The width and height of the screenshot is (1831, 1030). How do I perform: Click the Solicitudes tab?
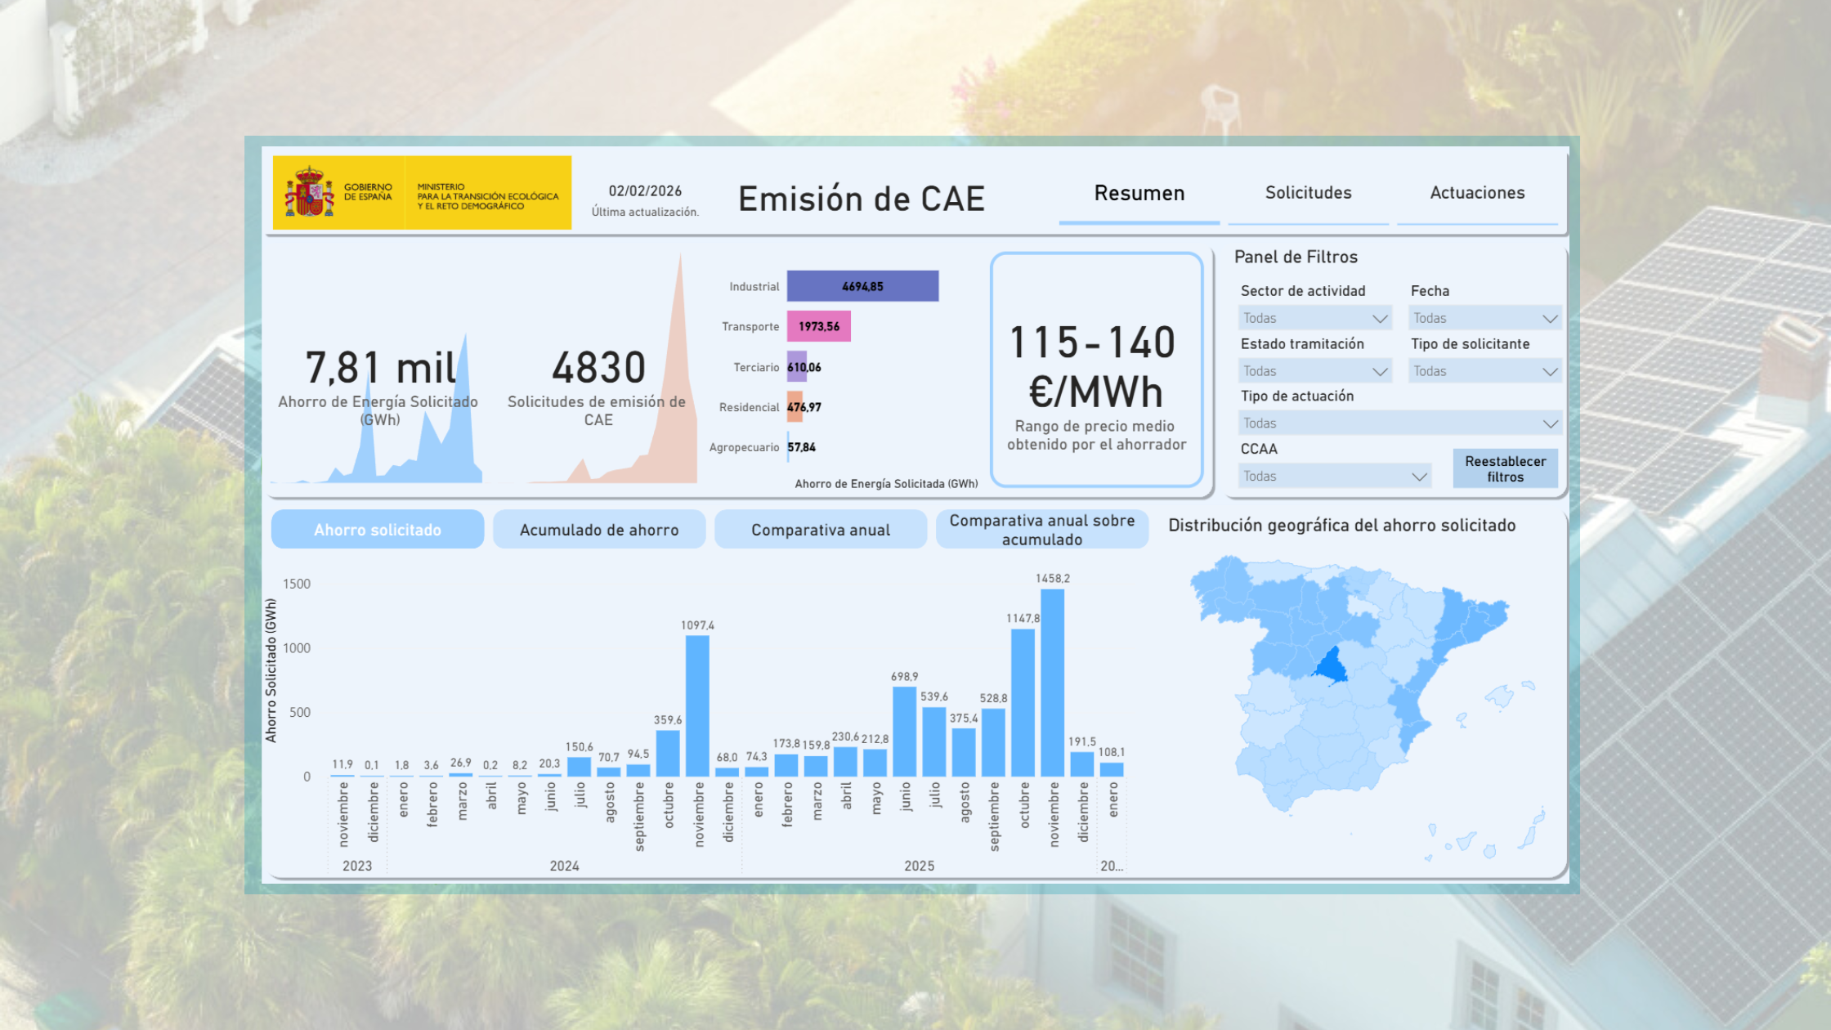1308,193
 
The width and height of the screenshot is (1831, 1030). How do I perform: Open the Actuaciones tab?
1477,193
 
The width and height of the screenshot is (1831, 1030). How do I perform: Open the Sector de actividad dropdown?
1314,318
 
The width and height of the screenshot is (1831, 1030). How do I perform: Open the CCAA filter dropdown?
1334,476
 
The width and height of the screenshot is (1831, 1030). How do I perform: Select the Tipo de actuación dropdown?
1399,423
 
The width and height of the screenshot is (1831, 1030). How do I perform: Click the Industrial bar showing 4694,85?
862,286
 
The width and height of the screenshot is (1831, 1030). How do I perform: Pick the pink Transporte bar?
818,326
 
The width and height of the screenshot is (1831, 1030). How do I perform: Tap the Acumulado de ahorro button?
599,530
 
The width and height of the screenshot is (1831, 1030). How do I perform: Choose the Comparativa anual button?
821,530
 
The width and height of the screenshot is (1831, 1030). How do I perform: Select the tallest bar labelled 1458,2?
1052,683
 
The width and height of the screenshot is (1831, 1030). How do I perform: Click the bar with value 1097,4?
697,705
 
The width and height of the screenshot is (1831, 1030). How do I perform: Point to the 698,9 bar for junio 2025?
904,731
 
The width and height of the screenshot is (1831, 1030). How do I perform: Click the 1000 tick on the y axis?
296,648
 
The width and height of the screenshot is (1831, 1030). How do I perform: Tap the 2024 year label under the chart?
564,866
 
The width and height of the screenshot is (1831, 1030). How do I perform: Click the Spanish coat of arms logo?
309,193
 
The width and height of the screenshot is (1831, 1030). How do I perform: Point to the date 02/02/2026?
645,191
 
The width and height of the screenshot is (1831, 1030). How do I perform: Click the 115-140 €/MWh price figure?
1094,366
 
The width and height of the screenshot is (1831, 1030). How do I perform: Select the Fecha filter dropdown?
1484,318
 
